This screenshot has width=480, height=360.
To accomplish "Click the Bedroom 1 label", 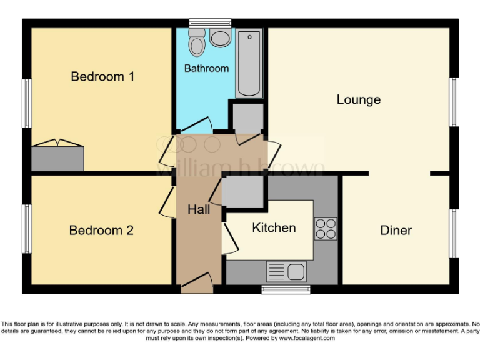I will (102, 77).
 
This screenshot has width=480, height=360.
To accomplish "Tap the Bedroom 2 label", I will (101, 231).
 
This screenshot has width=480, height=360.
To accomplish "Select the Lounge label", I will (359, 99).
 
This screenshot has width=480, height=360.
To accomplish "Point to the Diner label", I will (396, 231).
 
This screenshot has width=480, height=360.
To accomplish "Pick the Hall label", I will (199, 210).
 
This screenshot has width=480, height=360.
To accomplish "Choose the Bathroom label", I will (206, 68).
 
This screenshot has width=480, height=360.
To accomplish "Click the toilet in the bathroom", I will (197, 44).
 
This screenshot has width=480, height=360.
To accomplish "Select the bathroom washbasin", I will (220, 37).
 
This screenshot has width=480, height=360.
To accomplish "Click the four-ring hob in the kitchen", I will (325, 229).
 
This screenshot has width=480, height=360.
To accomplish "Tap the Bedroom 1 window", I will (27, 103).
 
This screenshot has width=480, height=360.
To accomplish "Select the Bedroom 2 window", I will (27, 229).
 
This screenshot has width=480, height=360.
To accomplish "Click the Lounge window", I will (454, 102).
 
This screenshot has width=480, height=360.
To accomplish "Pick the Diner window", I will (454, 233).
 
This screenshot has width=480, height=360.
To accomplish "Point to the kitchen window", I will (286, 289).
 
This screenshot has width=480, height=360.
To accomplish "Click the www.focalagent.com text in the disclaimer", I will (306, 338).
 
